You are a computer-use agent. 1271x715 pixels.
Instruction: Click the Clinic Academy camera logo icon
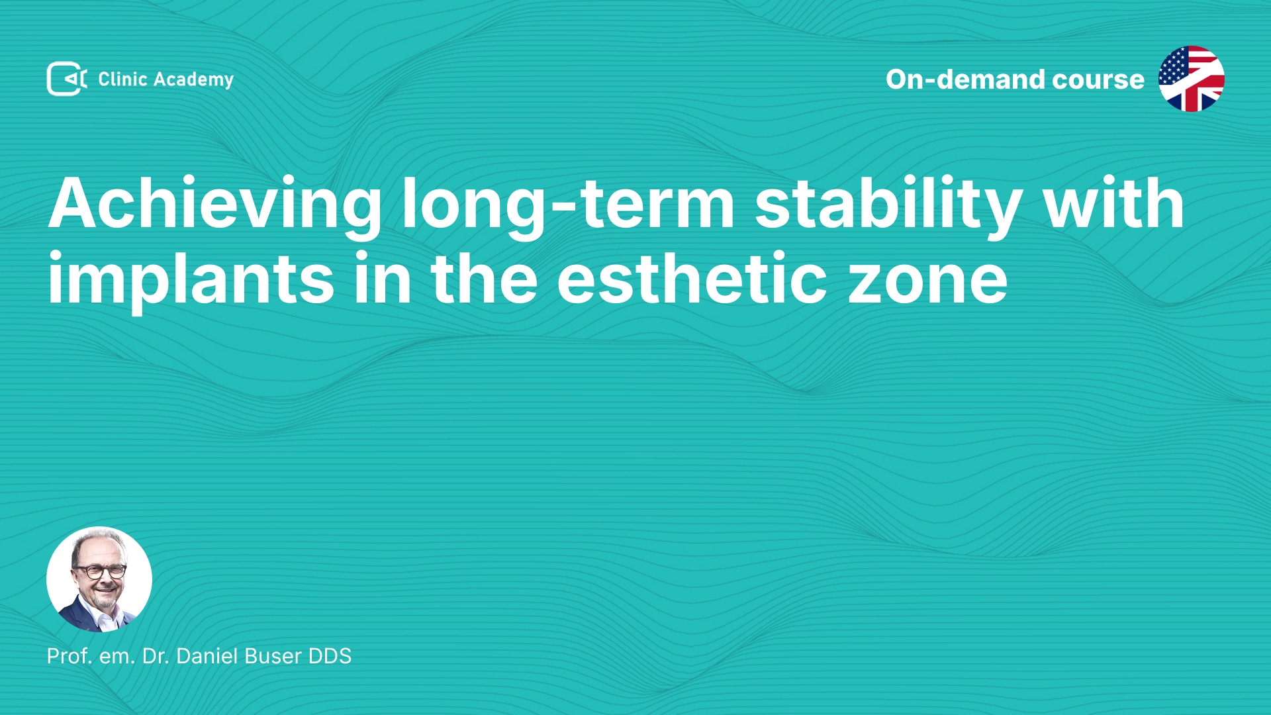point(67,79)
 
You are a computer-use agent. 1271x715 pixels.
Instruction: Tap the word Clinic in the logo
point(122,79)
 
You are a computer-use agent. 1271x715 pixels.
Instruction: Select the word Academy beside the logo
point(193,80)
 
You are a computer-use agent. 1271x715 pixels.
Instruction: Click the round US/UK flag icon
point(1192,79)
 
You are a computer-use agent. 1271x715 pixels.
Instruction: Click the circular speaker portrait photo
point(99,579)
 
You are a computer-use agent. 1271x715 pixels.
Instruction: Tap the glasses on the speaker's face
point(100,571)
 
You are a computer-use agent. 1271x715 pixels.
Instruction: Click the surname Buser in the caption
point(273,656)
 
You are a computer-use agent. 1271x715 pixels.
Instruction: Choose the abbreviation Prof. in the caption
point(70,656)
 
